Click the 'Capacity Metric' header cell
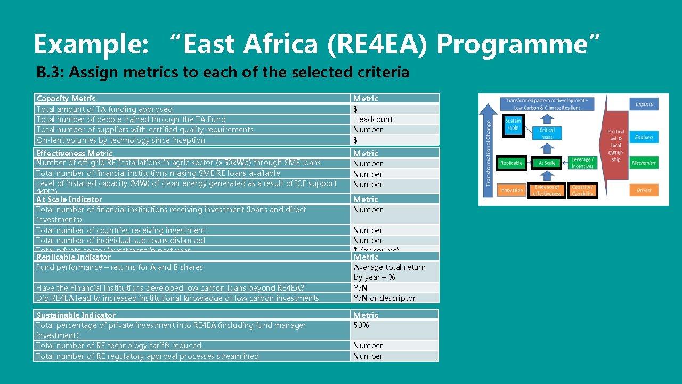pyautogui.click(x=66, y=99)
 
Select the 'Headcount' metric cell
pyautogui.click(x=373, y=119)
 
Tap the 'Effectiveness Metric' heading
pyautogui.click(x=74, y=154)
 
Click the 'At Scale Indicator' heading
pyautogui.click(x=69, y=199)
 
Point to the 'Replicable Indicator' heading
pyautogui.click(x=74, y=257)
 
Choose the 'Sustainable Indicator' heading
pyautogui.click(x=76, y=315)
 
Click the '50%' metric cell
pyautogui.click(x=361, y=325)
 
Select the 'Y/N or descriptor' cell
pyautogui.click(x=385, y=298)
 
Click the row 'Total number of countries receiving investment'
pyautogui.click(x=120, y=230)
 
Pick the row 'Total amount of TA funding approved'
pyautogui.click(x=104, y=109)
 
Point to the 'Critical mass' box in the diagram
pyautogui.click(x=547, y=133)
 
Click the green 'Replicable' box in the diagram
pyautogui.click(x=511, y=163)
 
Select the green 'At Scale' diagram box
pyautogui.click(x=547, y=163)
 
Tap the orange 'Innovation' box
pyautogui.click(x=511, y=190)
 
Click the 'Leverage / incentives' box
pyautogui.click(x=582, y=163)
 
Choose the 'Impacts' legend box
pyautogui.click(x=644, y=105)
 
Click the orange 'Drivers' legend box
pyautogui.click(x=644, y=190)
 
